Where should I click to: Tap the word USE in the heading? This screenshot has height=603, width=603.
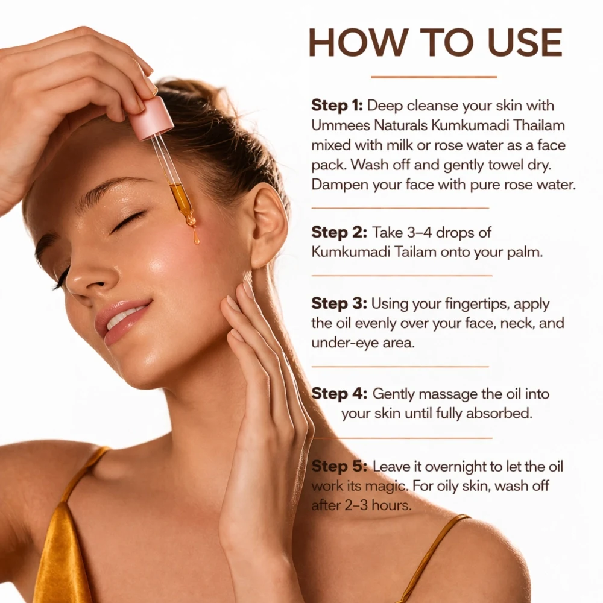[525, 42]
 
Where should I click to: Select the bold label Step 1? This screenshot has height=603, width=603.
[337, 106]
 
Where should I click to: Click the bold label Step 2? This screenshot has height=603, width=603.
[339, 232]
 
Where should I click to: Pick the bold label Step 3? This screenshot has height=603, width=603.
[339, 303]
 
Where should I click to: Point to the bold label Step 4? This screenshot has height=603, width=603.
[339, 393]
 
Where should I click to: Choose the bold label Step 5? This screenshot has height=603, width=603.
[339, 466]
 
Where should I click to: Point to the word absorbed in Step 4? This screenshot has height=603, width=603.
[499, 414]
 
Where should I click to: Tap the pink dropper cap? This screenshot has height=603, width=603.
[150, 118]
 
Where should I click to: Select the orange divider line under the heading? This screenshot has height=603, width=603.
[434, 77]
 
